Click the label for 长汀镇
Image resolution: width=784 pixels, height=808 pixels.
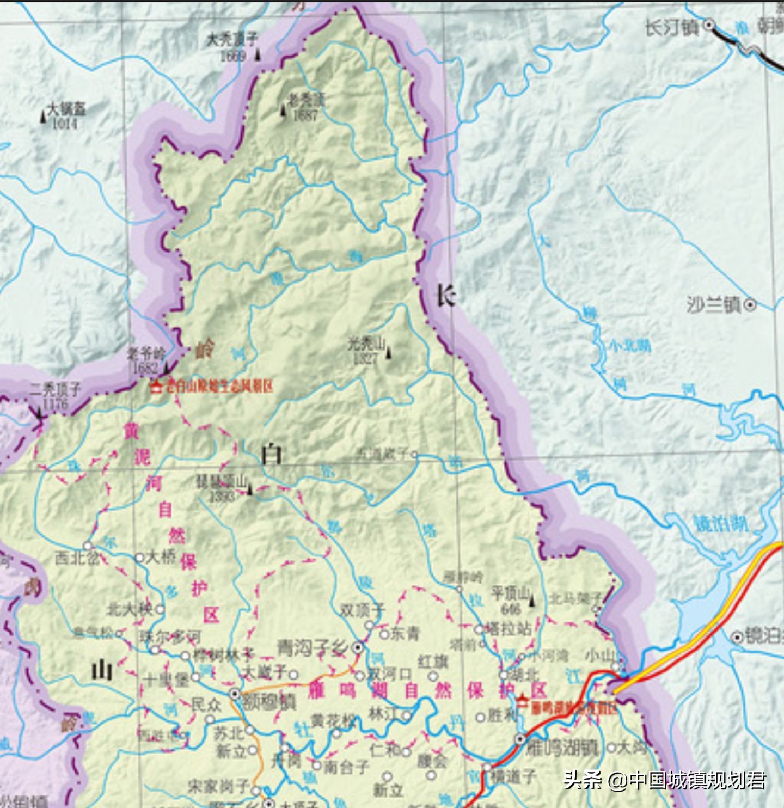[x=672, y=27]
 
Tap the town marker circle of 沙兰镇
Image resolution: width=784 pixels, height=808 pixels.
[x=750, y=305]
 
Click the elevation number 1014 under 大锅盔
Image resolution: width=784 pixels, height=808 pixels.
[x=64, y=124]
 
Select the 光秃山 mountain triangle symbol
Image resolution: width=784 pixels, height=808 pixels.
[x=388, y=353]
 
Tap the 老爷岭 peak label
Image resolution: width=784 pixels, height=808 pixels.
[x=146, y=353]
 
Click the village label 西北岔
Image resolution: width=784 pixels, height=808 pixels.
[x=77, y=558]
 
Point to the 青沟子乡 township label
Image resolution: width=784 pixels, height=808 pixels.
[x=313, y=648]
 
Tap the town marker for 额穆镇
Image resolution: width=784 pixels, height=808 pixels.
[x=235, y=694]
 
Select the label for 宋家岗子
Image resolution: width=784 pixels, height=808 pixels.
[x=218, y=786]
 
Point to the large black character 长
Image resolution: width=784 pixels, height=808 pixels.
[x=445, y=297]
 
